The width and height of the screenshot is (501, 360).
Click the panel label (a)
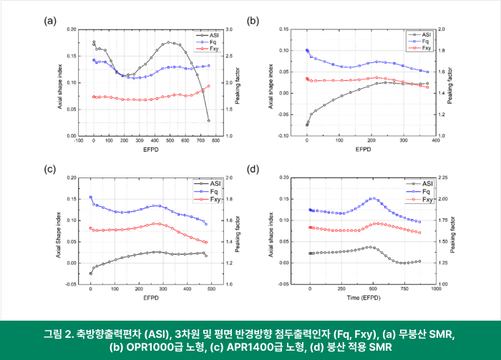51,21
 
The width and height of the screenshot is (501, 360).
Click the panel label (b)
253,21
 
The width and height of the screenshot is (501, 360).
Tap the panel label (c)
51,169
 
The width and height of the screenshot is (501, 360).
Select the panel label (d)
253,169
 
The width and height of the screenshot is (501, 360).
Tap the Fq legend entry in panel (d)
427,191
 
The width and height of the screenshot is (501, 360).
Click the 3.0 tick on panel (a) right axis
229,29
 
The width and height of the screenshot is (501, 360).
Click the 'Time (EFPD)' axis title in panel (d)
364,297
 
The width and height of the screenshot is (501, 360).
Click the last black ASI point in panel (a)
208,120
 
